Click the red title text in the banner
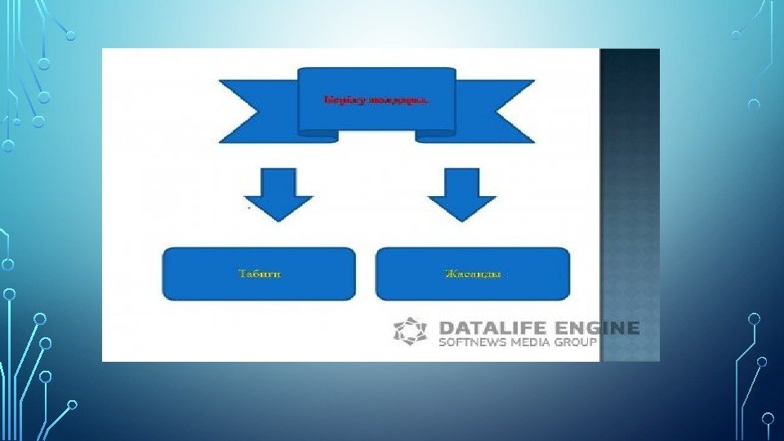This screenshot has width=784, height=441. coord(376,100)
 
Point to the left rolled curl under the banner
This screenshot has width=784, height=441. coord(318,136)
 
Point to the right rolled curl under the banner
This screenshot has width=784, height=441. coord(435,136)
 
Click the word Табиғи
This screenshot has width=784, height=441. coord(260,274)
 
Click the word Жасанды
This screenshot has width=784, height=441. coord(473,274)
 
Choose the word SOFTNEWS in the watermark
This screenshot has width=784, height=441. coord(473,343)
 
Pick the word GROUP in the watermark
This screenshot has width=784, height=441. coord(578,343)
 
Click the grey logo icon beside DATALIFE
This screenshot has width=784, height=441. coord(410,332)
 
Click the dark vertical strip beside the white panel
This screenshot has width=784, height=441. coord(630,204)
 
